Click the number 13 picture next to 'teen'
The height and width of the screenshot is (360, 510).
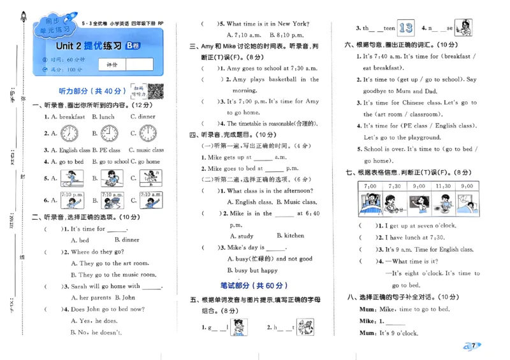(x=405, y=27)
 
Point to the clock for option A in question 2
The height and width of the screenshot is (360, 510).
(x=69, y=134)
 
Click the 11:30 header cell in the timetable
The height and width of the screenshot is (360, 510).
(x=442, y=186)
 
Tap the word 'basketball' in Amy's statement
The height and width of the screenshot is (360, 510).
(x=280, y=80)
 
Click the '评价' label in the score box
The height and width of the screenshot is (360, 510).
(x=112, y=64)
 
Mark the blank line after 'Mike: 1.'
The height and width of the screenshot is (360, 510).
(x=395, y=322)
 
